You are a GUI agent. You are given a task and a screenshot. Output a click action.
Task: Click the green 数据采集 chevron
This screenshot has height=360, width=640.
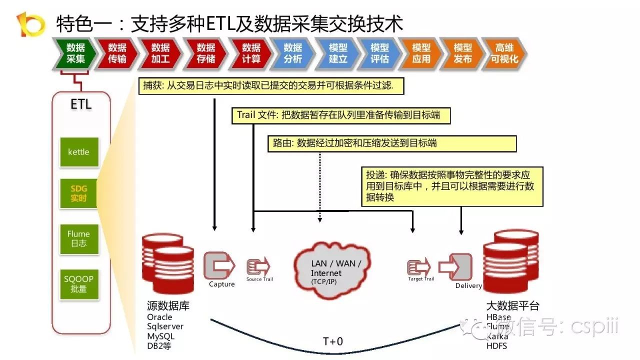(x=75, y=53)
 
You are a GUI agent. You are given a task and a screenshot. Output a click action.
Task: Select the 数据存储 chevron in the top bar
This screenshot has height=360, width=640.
(x=205, y=53)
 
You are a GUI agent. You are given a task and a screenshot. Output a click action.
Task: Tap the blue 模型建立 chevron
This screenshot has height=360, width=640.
(x=338, y=53)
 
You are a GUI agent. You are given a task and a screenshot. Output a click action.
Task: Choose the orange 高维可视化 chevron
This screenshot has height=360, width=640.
(x=504, y=53)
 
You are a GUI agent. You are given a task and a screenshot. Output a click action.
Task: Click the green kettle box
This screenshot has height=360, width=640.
(x=78, y=152)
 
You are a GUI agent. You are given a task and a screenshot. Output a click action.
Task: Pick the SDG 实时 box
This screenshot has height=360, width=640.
(x=78, y=193)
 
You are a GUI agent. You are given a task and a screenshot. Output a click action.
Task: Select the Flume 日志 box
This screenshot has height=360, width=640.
(x=78, y=238)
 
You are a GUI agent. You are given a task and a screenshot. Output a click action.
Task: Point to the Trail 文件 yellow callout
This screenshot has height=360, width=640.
(x=340, y=115)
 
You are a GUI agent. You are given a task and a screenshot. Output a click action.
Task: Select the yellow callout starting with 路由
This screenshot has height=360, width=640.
(x=391, y=143)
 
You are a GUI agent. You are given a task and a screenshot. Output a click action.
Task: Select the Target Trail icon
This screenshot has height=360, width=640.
(x=419, y=266)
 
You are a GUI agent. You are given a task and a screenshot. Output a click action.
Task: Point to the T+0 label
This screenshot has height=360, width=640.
(x=333, y=342)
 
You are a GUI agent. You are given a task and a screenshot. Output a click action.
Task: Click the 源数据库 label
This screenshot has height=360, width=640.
(x=168, y=305)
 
